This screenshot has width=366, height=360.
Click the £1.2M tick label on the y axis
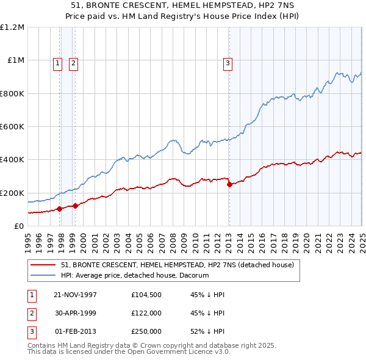(x=13, y=27)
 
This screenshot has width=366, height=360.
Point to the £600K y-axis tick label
(x=13, y=127)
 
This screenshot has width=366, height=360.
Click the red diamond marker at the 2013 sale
(x=229, y=184)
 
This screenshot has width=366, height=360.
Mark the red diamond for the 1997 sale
(x=60, y=209)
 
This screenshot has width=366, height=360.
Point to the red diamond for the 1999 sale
(x=76, y=206)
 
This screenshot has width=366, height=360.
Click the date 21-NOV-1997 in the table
(x=76, y=295)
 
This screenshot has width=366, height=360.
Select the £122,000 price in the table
(x=146, y=313)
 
